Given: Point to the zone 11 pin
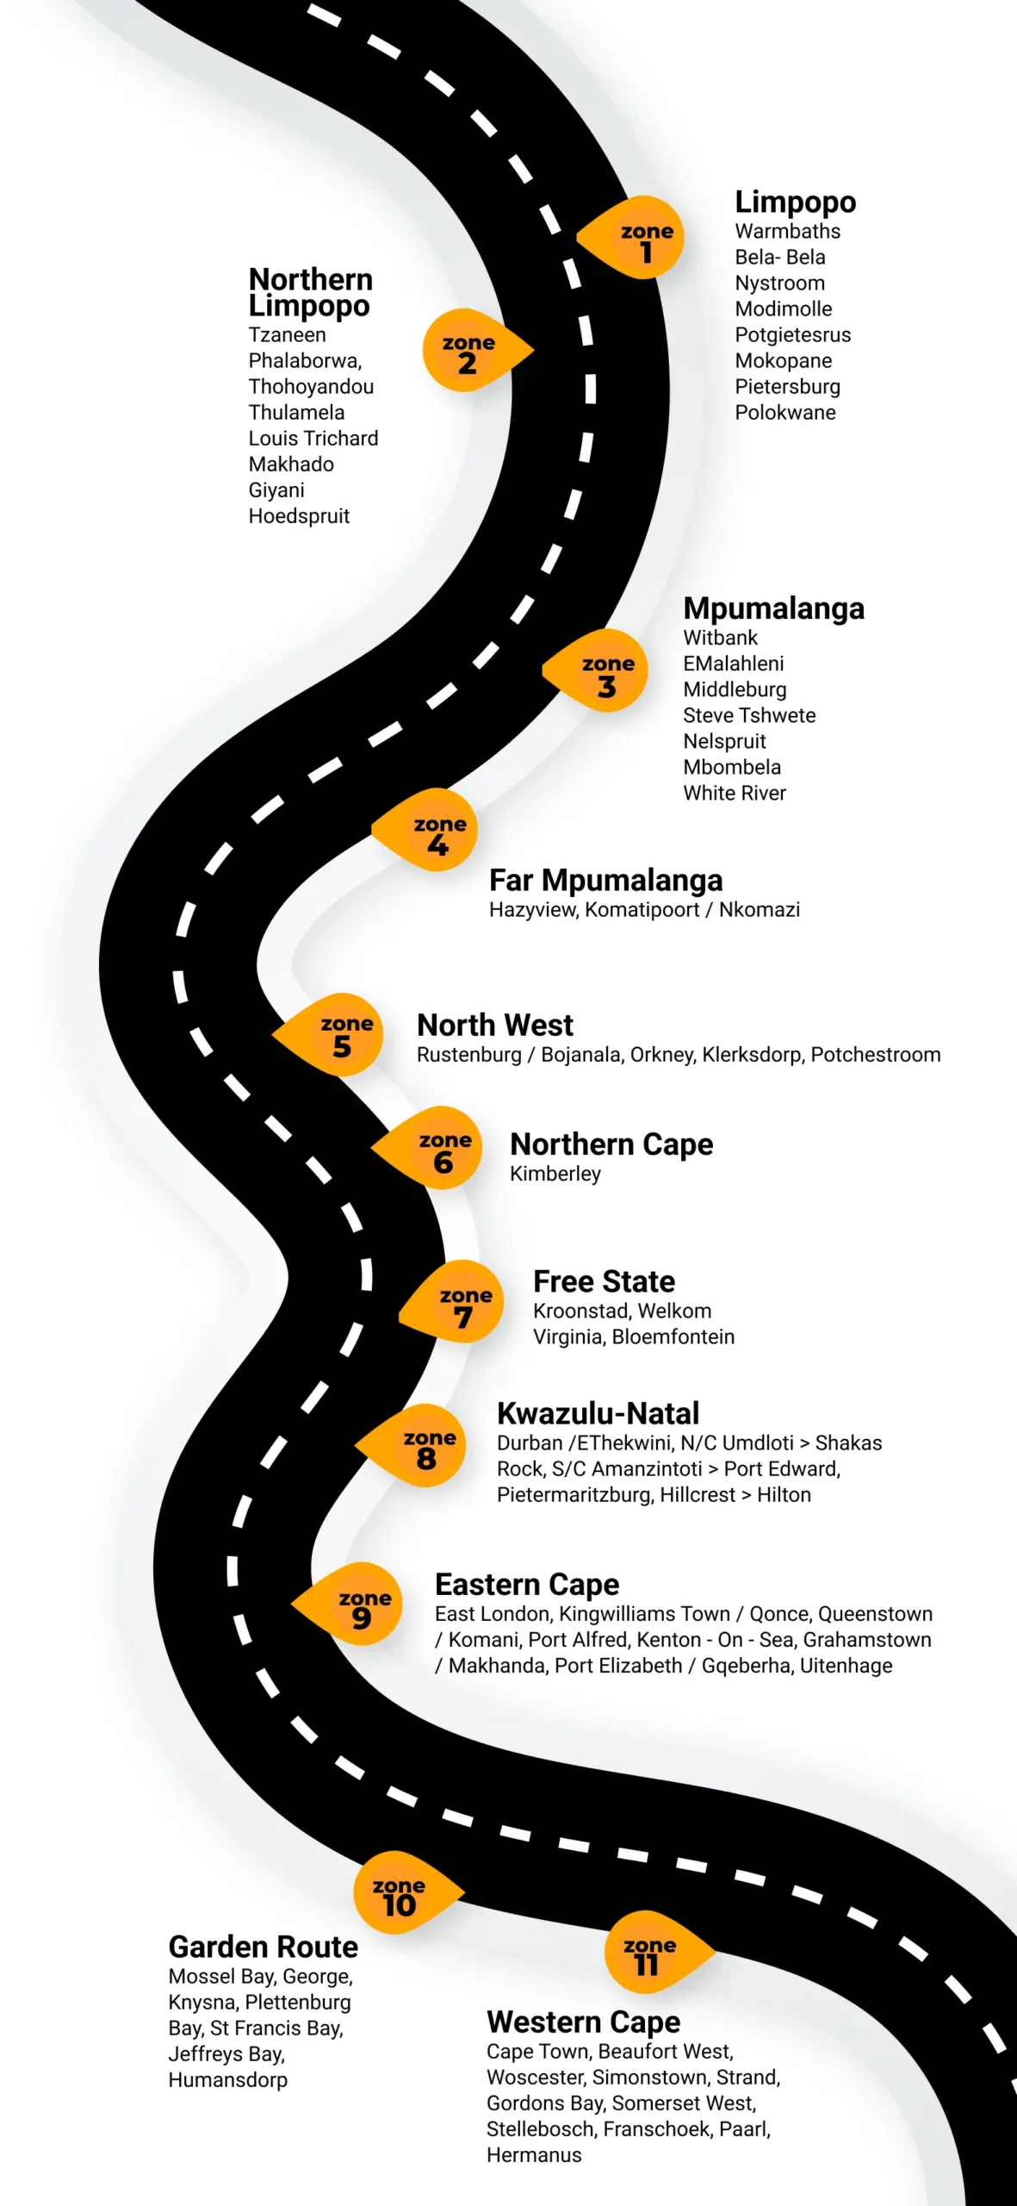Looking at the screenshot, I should coord(654,1953).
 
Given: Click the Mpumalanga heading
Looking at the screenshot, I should coord(773,608).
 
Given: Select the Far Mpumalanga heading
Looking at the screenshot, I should coord(605,881).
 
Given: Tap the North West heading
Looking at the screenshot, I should coord(494,1025).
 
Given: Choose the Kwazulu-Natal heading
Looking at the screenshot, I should coord(598,1414).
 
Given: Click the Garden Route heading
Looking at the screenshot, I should coord(263,1947).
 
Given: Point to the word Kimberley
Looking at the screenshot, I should coord(555,1174).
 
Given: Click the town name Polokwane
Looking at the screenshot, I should coord(784,413).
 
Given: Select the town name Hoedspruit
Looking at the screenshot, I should coord(299,516).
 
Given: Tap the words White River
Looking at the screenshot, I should coord(735,794).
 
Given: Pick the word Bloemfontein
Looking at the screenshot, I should coord(673,1337).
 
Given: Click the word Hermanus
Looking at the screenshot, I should coord(534,2155).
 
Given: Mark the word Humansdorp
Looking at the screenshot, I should coord(227,2080).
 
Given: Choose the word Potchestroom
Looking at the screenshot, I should coord(875,1055).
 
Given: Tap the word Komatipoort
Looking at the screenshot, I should coord(642,910).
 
